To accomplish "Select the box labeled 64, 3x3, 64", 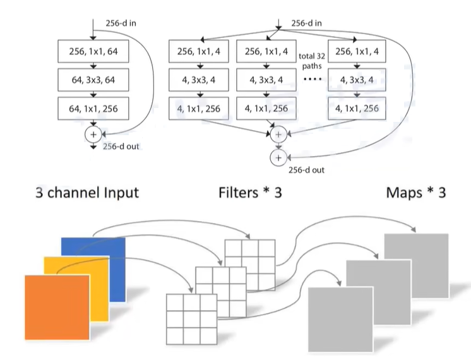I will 94,80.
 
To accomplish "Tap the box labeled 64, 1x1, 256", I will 94,109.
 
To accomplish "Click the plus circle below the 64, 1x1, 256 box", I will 94,134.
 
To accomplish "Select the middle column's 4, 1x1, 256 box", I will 266,109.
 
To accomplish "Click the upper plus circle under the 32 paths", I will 277,134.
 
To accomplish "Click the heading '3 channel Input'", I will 87,192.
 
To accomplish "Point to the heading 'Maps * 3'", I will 415,192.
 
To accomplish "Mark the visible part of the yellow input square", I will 53,265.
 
